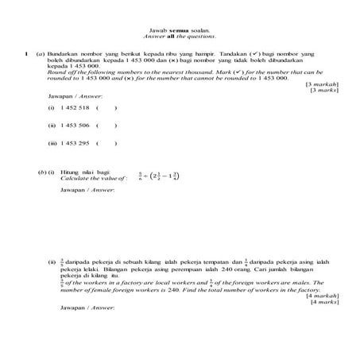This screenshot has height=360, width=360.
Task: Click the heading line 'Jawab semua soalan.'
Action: [180, 29]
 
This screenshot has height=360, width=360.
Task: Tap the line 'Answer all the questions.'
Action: [180, 36]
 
